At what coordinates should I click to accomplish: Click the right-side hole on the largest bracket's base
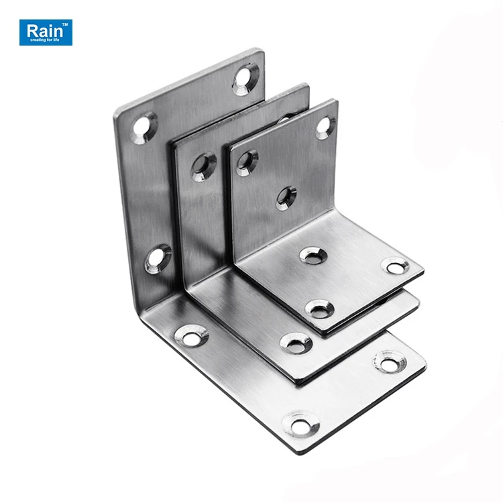(x=390, y=362)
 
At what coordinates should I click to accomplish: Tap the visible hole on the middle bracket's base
(x=296, y=343)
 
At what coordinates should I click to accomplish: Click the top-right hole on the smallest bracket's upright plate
(x=325, y=125)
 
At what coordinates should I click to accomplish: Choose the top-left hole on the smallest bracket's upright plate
(x=247, y=161)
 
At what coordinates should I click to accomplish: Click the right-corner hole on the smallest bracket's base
(x=395, y=266)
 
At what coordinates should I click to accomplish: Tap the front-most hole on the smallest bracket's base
(x=321, y=309)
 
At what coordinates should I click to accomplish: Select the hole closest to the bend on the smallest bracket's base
(x=313, y=254)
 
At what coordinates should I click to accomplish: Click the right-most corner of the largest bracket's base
(x=425, y=368)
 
